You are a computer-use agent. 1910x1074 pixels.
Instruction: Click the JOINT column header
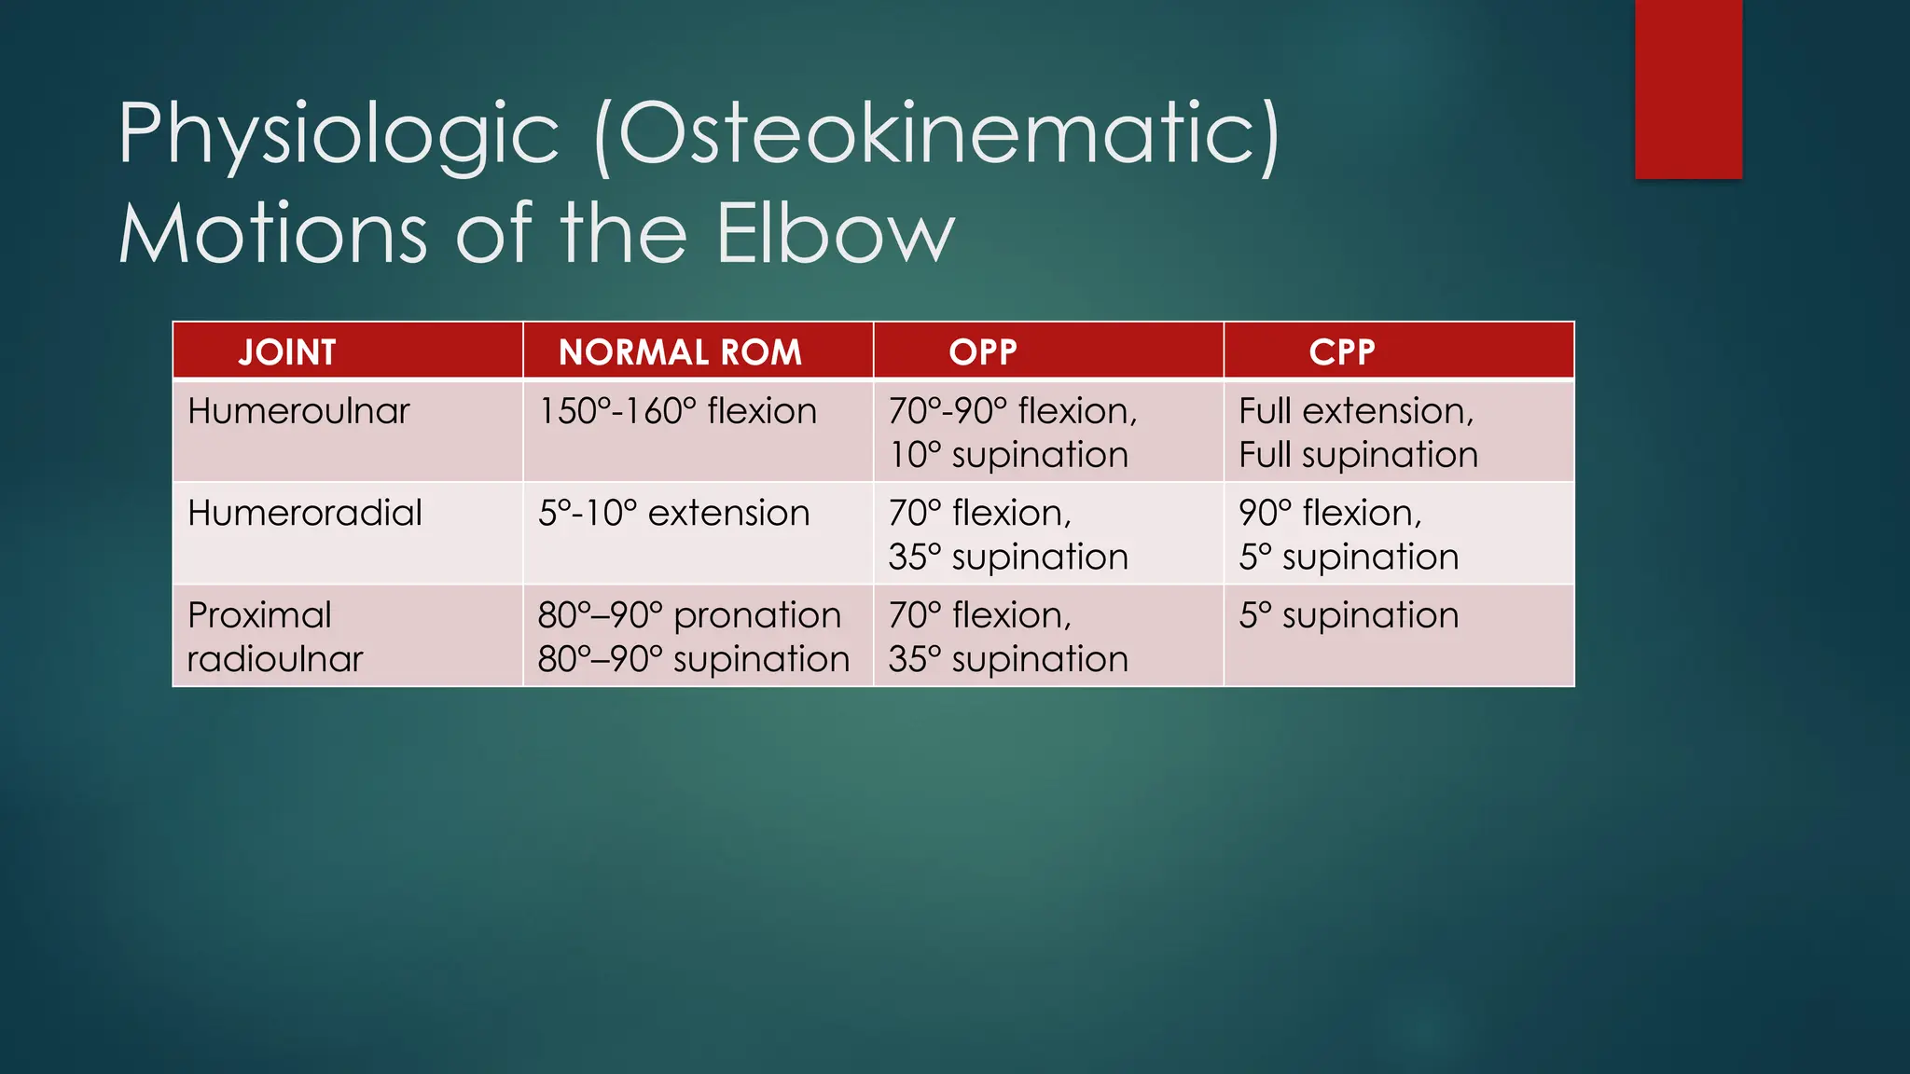(x=286, y=352)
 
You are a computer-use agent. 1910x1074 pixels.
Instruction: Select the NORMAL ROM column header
(x=680, y=352)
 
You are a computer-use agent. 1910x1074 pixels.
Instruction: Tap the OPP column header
(x=982, y=352)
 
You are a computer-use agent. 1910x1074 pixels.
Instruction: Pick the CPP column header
(x=1341, y=352)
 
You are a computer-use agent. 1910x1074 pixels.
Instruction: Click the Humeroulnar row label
(x=298, y=411)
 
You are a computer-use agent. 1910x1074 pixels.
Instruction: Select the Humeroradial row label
(x=305, y=513)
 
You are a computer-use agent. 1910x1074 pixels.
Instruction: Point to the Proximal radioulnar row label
(x=274, y=637)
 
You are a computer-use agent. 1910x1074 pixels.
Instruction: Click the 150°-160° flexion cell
(x=677, y=411)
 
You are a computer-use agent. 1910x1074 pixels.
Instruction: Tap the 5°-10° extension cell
(x=673, y=513)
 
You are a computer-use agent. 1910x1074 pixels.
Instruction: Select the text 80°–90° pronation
(x=689, y=615)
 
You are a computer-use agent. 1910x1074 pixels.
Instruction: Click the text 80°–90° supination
(x=693, y=659)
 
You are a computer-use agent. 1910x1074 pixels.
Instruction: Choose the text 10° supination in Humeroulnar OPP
(x=1008, y=455)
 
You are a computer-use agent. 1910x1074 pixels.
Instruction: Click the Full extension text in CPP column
(x=1356, y=411)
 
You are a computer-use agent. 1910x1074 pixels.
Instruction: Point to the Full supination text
(x=1358, y=455)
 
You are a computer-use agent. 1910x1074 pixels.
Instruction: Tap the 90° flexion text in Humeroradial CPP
(x=1330, y=513)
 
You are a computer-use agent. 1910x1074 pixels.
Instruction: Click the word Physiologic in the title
(x=339, y=136)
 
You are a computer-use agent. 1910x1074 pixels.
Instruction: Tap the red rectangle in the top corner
(x=1688, y=89)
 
